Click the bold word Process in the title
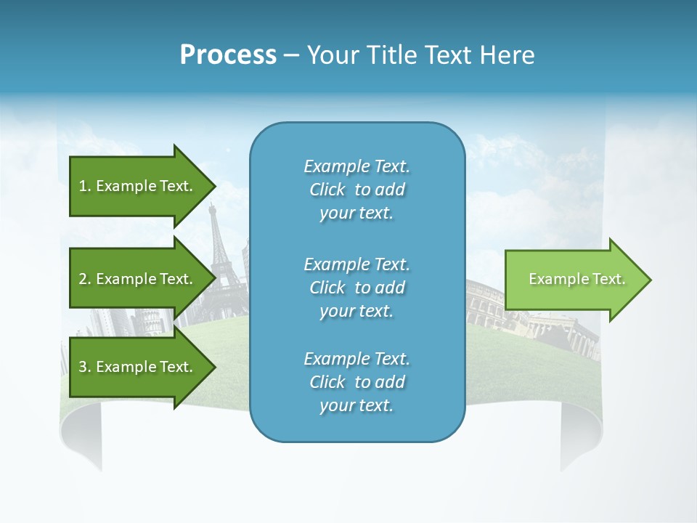click(228, 55)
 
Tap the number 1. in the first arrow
click(84, 186)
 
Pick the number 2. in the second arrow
click(84, 279)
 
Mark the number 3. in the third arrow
click(84, 367)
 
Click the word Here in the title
click(510, 55)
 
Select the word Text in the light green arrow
click(608, 279)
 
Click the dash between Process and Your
click(291, 56)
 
